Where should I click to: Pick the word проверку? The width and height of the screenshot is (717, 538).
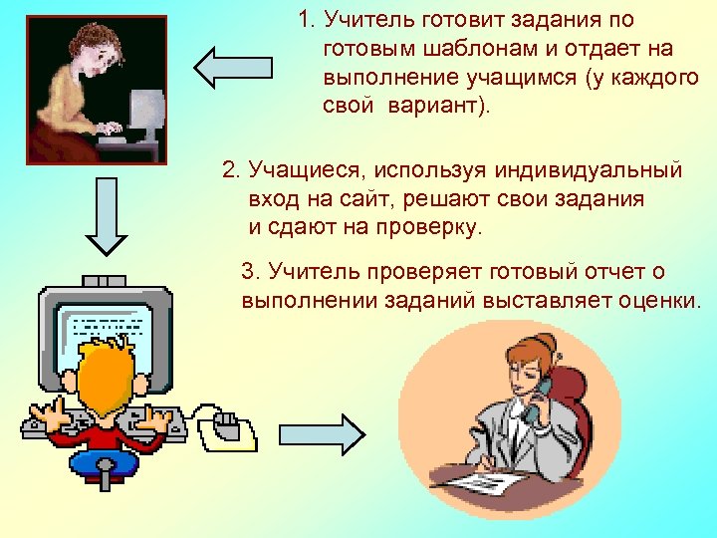(x=429, y=227)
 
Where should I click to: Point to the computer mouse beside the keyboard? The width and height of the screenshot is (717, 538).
(x=225, y=423)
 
